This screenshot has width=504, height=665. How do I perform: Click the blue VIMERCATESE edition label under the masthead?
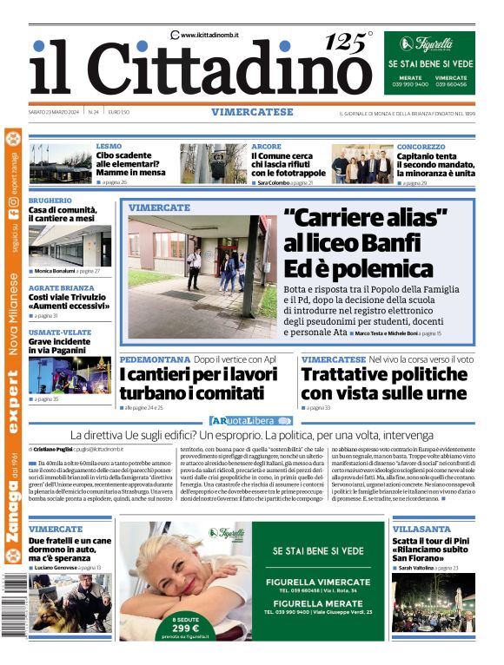point(251,112)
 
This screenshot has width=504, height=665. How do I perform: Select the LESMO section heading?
point(109,147)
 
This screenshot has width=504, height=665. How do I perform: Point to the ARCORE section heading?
point(266,147)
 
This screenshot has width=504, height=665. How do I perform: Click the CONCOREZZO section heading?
point(421,147)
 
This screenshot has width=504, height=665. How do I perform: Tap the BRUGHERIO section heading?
point(50,201)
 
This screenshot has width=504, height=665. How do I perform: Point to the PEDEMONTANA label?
point(154,359)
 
